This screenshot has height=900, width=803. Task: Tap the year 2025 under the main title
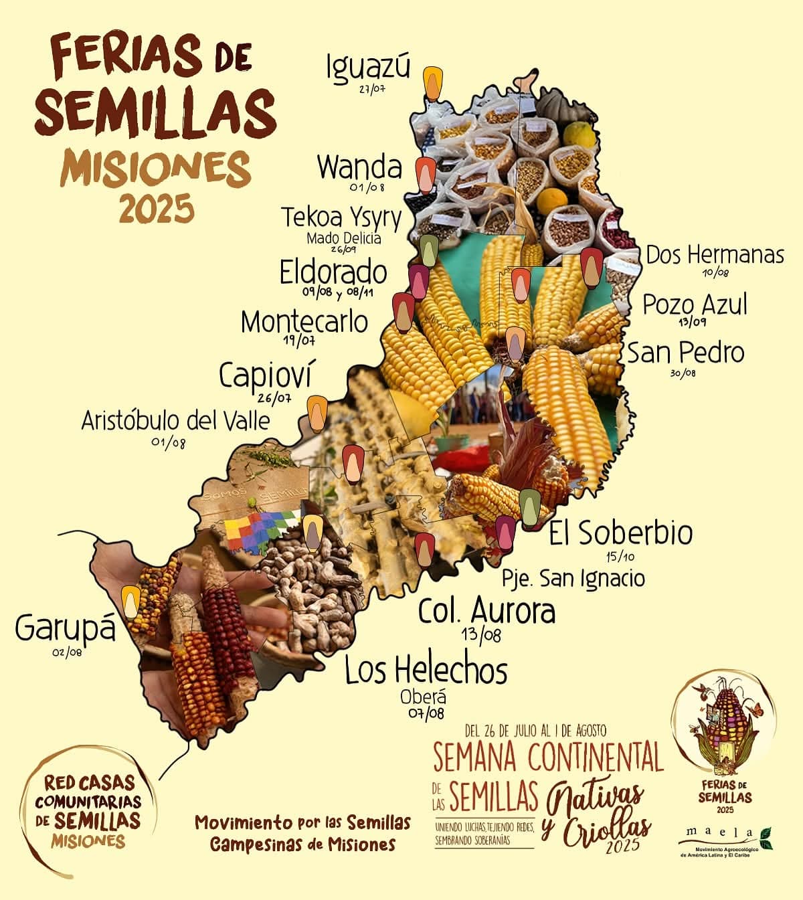coord(157,209)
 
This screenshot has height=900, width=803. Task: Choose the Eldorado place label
coord(333,272)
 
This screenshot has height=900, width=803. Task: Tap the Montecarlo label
coord(304,322)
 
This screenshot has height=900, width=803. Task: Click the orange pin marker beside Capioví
coord(317,412)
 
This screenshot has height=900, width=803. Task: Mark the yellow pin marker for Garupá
coord(132,601)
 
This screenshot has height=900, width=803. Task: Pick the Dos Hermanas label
coord(715,255)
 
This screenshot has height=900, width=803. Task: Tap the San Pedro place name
coord(685,353)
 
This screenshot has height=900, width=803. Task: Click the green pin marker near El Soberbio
coord(529,507)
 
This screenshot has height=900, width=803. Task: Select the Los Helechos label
coord(426,670)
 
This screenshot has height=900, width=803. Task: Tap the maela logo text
coord(719,833)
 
